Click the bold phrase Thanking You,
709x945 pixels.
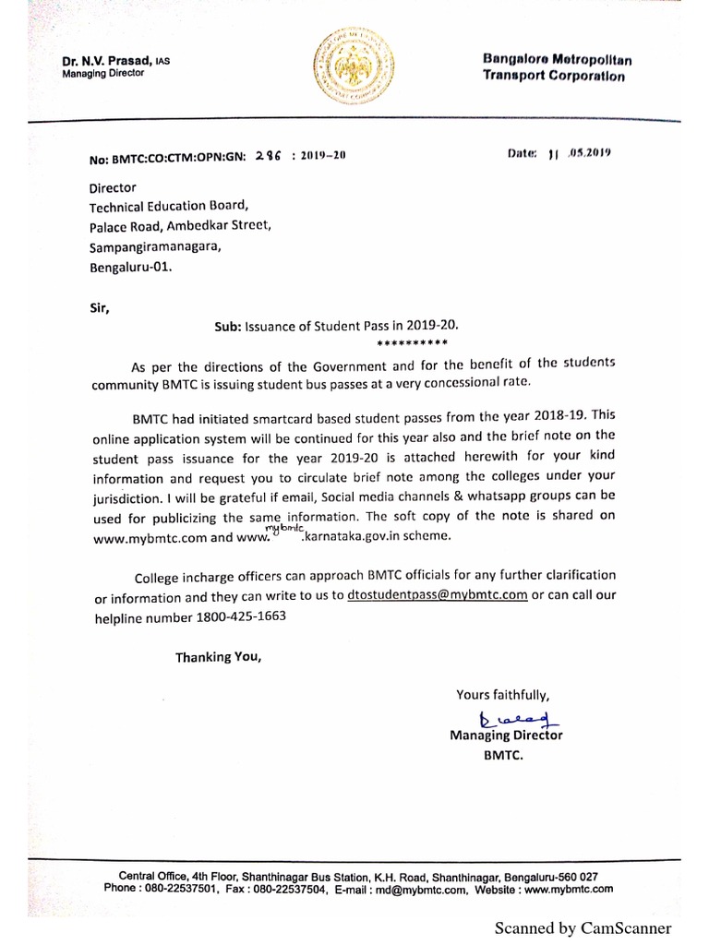click(x=219, y=657)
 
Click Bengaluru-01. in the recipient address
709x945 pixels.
click(x=130, y=267)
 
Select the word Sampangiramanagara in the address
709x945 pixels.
click(x=155, y=246)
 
